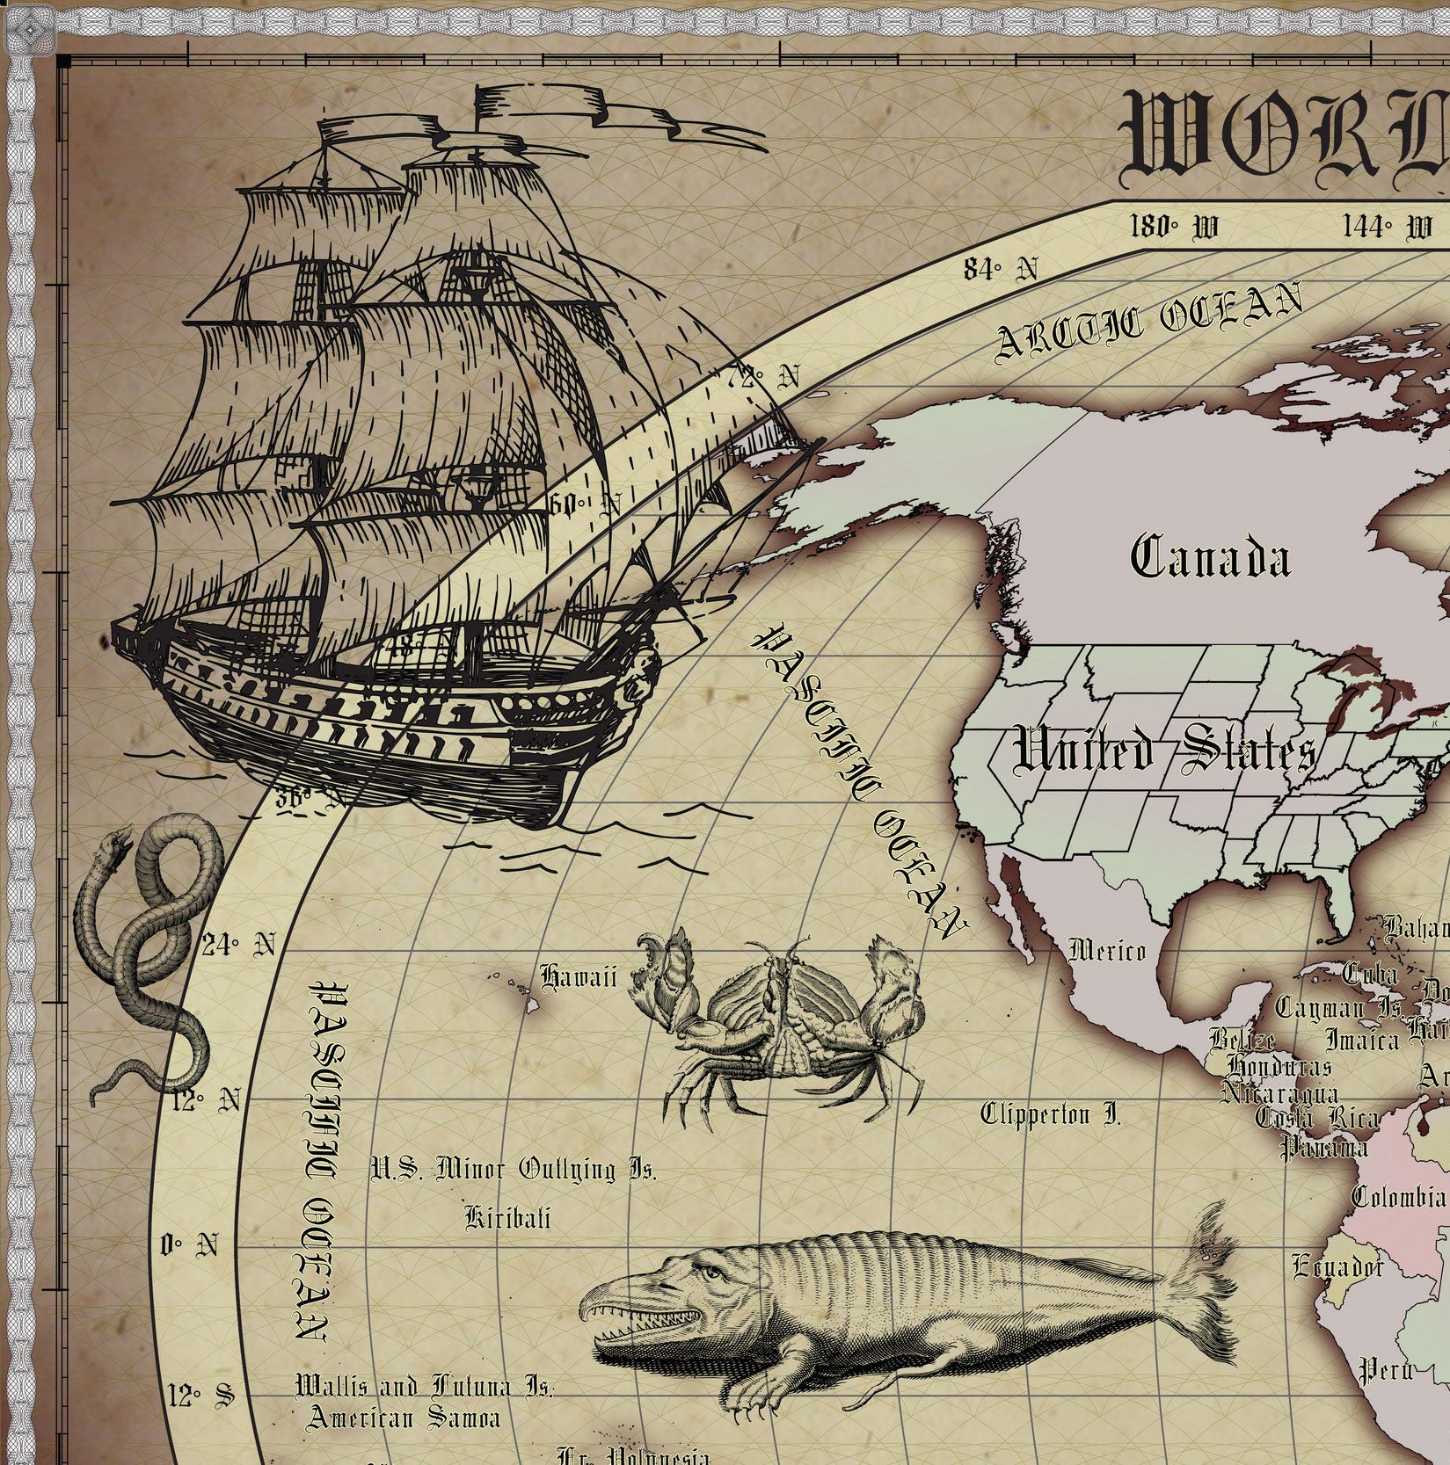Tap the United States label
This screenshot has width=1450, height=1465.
[x=1165, y=752]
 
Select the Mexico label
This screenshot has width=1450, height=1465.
[x=1107, y=951]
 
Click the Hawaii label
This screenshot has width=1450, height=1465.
[x=578, y=976]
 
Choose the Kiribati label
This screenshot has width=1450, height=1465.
[x=507, y=1217]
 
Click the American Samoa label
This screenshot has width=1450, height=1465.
[x=403, y=1418]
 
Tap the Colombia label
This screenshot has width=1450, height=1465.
[x=1398, y=1196]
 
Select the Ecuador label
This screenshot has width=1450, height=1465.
[x=1337, y=1266]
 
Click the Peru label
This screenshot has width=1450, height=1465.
[x=1386, y=1368]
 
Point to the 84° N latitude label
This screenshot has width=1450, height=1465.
[x=1000, y=269]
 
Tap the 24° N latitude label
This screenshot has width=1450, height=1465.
[x=238, y=946]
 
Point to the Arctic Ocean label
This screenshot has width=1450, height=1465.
[x=1148, y=322]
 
